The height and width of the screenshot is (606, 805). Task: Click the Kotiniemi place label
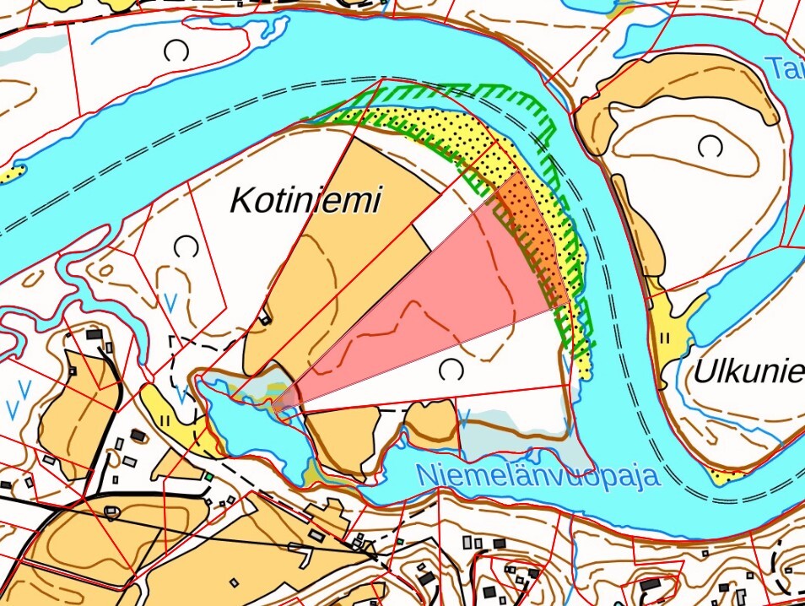(305, 201)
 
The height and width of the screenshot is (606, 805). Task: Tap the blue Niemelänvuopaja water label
(538, 476)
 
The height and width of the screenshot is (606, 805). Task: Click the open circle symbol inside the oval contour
(710, 148)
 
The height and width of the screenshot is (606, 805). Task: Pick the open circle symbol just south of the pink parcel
(452, 370)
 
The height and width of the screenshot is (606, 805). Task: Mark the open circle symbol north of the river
(176, 52)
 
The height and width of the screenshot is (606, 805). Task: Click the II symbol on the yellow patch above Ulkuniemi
(664, 338)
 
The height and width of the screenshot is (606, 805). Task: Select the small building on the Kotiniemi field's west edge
(266, 317)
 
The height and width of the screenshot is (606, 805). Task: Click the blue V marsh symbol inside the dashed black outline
(181, 394)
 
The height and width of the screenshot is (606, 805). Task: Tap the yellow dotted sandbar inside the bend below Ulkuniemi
(722, 476)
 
